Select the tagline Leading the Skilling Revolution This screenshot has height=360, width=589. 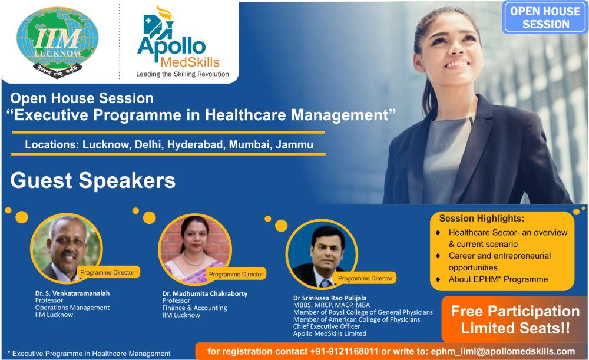tap(183, 74)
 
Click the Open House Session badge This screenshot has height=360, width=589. tap(545, 18)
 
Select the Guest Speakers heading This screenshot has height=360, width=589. tap(93, 180)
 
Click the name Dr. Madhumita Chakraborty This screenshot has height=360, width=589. tap(204, 293)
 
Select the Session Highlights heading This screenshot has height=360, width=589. tap(481, 219)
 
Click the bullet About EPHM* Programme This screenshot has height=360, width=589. tap(498, 279)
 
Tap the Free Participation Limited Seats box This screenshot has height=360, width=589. tap(515, 319)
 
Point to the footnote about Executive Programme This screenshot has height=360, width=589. tap(89, 354)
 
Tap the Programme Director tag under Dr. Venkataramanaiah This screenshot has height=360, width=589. tap(107, 272)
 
